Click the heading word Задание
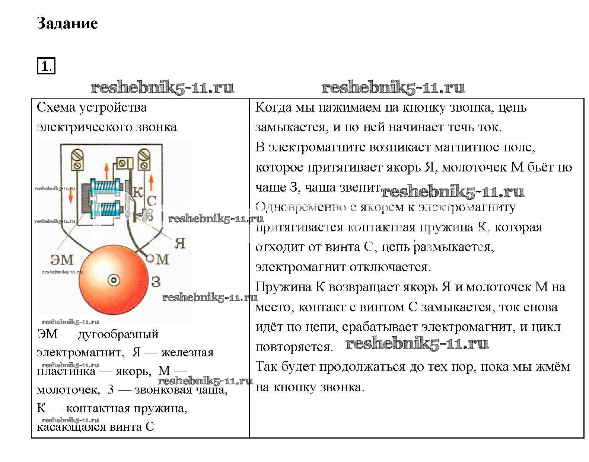click(x=67, y=23)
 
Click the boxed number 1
click(x=45, y=67)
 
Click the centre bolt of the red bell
click(x=114, y=280)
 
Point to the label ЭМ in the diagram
click(x=62, y=259)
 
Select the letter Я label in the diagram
click(x=180, y=243)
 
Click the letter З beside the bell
click(x=156, y=282)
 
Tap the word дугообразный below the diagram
click(x=118, y=334)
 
